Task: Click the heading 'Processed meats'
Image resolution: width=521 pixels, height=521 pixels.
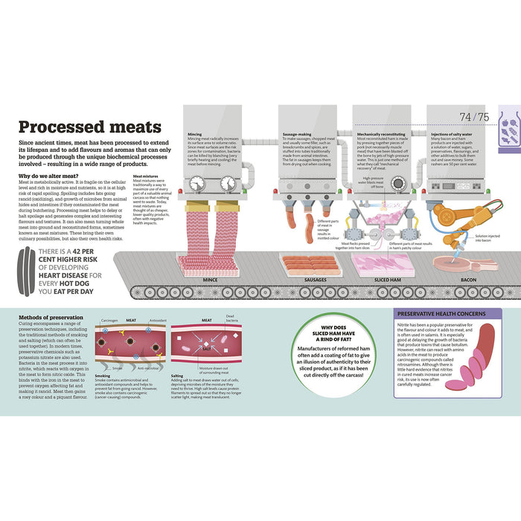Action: click(89, 127)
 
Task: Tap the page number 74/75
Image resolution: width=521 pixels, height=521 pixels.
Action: click(474, 117)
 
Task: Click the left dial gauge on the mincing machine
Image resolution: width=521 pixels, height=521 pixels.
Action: click(196, 182)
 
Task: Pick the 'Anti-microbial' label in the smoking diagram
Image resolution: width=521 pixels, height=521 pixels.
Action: click(147, 368)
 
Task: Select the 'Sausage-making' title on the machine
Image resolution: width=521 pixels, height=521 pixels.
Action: click(296, 135)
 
